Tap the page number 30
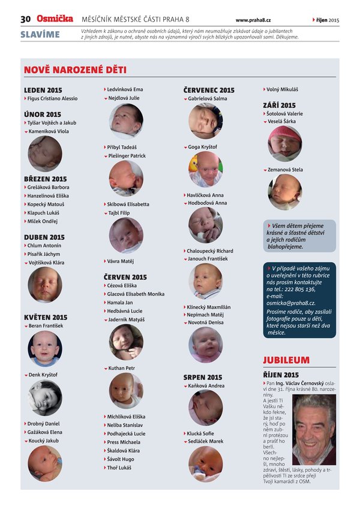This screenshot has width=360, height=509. click(x=26, y=20)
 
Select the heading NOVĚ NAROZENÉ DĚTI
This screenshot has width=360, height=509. click(x=75, y=70)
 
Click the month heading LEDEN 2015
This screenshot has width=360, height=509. click(x=43, y=90)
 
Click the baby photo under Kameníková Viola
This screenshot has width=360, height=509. click(x=44, y=153)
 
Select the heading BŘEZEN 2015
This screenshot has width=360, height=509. click(x=46, y=179)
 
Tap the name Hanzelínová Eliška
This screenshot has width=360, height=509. click(x=48, y=195)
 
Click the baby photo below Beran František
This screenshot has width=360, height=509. click(x=44, y=348)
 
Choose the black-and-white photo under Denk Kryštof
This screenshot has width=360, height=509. click(x=44, y=398)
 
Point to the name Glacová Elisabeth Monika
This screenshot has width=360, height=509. click(x=135, y=294)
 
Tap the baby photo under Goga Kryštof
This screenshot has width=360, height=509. click(x=205, y=168)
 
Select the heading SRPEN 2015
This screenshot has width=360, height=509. click(x=203, y=378)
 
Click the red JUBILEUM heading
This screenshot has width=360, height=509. click(x=286, y=360)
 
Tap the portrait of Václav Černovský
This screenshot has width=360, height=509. click(x=314, y=430)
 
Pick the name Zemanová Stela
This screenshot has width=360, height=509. click(x=285, y=170)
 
